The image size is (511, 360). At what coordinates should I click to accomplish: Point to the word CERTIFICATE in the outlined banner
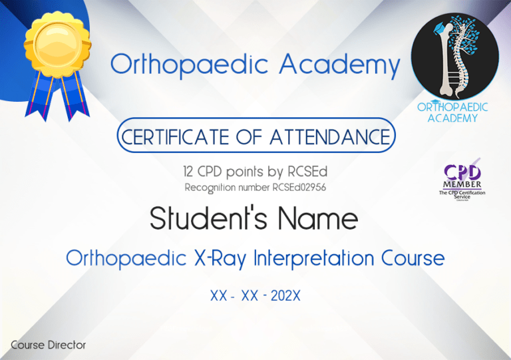click(174, 138)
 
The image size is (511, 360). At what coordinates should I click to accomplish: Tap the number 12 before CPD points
click(191, 172)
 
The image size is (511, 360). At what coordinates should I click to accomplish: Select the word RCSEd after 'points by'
click(305, 172)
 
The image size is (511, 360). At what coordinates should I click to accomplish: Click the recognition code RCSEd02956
click(299, 187)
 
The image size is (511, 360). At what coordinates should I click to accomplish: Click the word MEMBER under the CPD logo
click(462, 184)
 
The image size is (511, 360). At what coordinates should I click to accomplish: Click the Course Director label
click(48, 345)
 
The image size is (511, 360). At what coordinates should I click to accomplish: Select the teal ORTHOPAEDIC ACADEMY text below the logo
click(453, 112)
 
